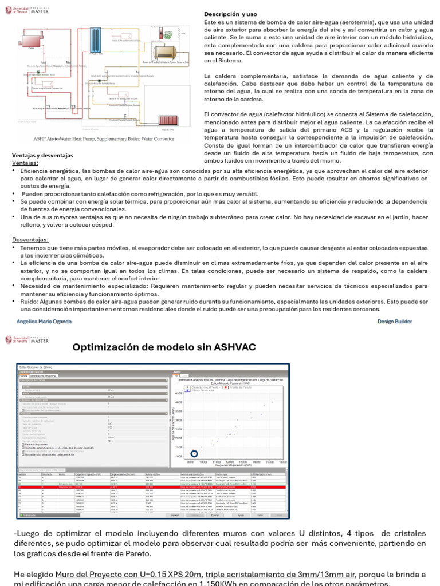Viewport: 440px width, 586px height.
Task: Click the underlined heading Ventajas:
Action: pos(25,163)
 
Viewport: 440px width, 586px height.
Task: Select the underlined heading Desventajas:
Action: pos(30,240)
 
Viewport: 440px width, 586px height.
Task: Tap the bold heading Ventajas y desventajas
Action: pos(43,156)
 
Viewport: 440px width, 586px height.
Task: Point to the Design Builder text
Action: pos(395,322)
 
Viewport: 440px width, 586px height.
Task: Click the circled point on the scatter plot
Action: pos(194,454)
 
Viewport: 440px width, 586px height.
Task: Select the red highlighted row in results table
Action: pos(149,486)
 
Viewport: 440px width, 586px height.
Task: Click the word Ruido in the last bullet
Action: pos(29,301)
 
